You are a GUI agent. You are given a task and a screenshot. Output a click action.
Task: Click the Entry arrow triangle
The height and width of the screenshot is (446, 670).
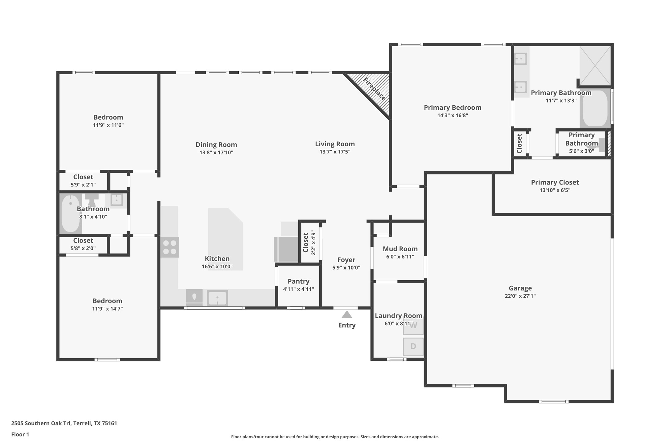[x=347, y=314]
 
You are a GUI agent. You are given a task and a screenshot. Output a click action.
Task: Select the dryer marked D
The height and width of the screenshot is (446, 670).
[x=413, y=347]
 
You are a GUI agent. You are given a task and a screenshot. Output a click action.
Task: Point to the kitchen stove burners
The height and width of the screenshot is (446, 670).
[x=169, y=247]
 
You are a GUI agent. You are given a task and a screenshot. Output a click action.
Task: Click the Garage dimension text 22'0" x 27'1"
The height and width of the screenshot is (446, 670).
[x=520, y=296]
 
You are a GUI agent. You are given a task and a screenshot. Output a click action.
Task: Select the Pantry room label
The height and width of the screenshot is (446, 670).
[x=298, y=281]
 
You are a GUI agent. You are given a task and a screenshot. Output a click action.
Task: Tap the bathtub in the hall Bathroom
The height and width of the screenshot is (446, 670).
[x=71, y=213]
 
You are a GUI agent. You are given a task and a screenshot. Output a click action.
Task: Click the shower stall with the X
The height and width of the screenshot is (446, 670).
[x=595, y=66]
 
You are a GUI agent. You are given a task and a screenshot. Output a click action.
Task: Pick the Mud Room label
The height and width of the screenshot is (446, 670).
[x=400, y=249]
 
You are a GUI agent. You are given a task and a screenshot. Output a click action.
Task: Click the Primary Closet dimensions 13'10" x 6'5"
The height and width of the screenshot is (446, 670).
[x=555, y=190]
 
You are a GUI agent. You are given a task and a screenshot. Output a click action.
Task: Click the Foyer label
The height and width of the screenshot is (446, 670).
[x=346, y=260]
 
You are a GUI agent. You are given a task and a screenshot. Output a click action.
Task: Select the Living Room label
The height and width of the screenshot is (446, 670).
[x=335, y=144]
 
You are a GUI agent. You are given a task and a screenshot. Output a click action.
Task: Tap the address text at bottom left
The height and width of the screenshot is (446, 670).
[x=64, y=423]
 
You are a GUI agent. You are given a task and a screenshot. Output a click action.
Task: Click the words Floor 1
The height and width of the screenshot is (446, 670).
[x=20, y=435]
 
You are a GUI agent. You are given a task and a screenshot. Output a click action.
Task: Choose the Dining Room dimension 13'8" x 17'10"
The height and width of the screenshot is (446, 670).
[x=216, y=152]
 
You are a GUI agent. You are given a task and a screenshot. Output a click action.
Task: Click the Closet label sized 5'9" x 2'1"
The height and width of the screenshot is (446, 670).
[x=83, y=177]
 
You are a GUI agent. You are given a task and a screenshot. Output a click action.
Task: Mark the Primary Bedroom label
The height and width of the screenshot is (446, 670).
[x=452, y=107]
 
